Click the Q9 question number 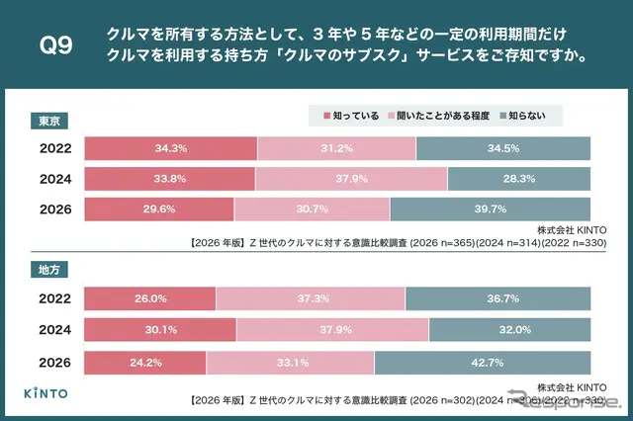click(55, 45)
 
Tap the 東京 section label click(45, 122)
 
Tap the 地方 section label click(45, 268)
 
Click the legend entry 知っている click(353, 116)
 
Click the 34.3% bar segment click(170, 148)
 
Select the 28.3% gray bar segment click(519, 179)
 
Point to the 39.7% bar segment click(491, 210)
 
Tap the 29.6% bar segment click(159, 210)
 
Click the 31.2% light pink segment click(336, 148)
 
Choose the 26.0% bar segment click(149, 297)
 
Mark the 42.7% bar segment click(483, 363)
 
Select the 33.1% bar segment click(290, 363)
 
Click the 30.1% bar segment click(160, 330)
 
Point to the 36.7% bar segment click(498, 297)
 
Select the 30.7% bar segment click(312, 210)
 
